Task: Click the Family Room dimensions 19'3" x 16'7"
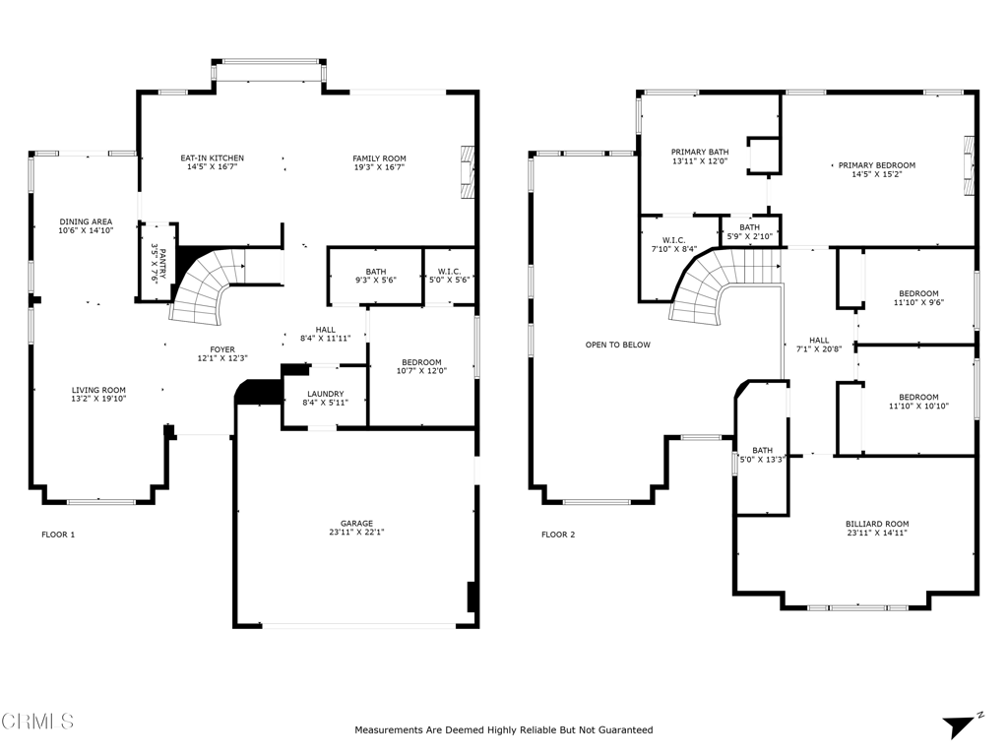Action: click(379, 167)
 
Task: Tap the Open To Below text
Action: click(618, 345)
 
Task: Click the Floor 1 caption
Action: click(58, 535)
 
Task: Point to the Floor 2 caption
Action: click(558, 535)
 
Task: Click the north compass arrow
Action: click(959, 727)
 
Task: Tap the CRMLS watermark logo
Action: click(37, 722)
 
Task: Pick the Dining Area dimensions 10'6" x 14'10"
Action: click(87, 230)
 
